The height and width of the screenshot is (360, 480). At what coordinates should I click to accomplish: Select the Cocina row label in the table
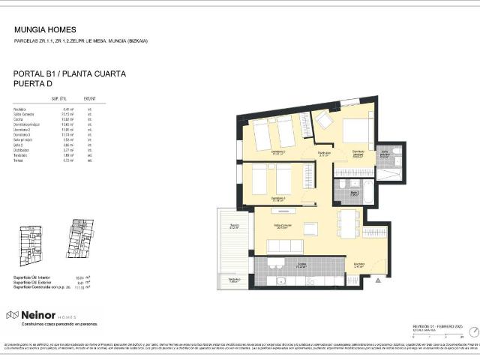click(x=19, y=118)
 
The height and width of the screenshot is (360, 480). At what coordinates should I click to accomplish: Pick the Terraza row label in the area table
click(x=19, y=160)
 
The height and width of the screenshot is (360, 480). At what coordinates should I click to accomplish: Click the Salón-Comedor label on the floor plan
click(x=282, y=226)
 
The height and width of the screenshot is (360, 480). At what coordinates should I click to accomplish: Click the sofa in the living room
click(x=285, y=246)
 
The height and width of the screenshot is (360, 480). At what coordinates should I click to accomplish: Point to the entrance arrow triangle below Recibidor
click(x=377, y=280)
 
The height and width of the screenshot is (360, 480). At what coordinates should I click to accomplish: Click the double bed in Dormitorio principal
click(x=355, y=131)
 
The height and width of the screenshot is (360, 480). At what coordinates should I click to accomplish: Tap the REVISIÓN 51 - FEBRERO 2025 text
click(x=435, y=326)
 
